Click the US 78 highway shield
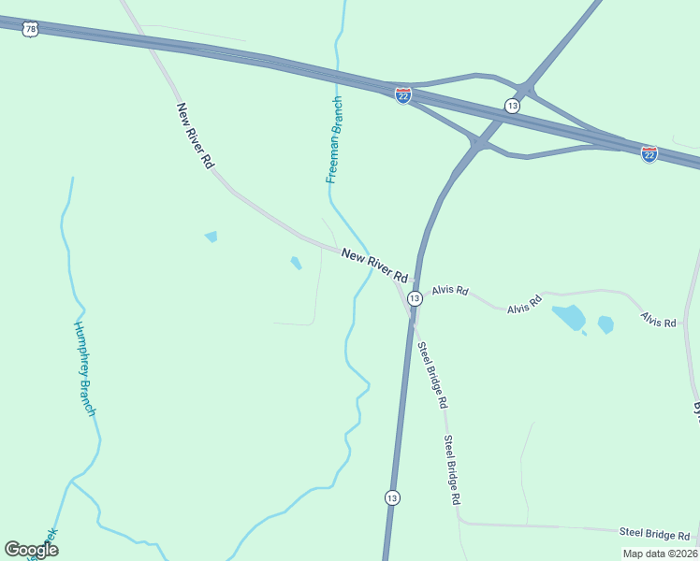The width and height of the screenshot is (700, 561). pyautogui.click(x=32, y=31)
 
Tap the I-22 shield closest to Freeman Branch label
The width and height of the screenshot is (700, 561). pyautogui.click(x=403, y=96)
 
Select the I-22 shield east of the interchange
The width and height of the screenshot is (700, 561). pyautogui.click(x=649, y=153)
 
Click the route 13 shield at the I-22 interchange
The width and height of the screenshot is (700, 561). pyautogui.click(x=512, y=106)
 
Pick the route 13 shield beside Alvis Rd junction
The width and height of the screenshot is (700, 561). pyautogui.click(x=415, y=296)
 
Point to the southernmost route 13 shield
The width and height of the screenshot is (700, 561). pyautogui.click(x=392, y=497)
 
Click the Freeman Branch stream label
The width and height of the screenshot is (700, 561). pyautogui.click(x=334, y=139)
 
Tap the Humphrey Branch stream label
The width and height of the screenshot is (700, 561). pyautogui.click(x=85, y=368)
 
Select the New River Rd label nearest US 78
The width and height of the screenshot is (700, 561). pyautogui.click(x=196, y=135)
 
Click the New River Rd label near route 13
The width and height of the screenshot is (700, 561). pyautogui.click(x=375, y=266)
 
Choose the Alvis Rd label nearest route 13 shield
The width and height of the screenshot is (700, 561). pyautogui.click(x=449, y=290)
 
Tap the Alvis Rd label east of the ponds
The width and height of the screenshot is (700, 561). pyautogui.click(x=658, y=321)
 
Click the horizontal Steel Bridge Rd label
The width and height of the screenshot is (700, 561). pyautogui.click(x=655, y=534)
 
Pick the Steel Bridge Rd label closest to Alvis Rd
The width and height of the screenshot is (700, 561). pyautogui.click(x=433, y=376)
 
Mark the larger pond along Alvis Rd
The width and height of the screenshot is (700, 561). pyautogui.click(x=569, y=318)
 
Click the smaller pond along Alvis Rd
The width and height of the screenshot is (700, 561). pyautogui.click(x=605, y=324)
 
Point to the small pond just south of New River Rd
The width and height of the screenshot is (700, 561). pyautogui.click(x=296, y=264)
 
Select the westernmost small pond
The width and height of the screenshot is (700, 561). pyautogui.click(x=211, y=237)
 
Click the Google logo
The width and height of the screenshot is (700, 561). pyautogui.click(x=31, y=549)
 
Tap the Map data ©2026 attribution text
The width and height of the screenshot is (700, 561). pyautogui.click(x=659, y=553)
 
